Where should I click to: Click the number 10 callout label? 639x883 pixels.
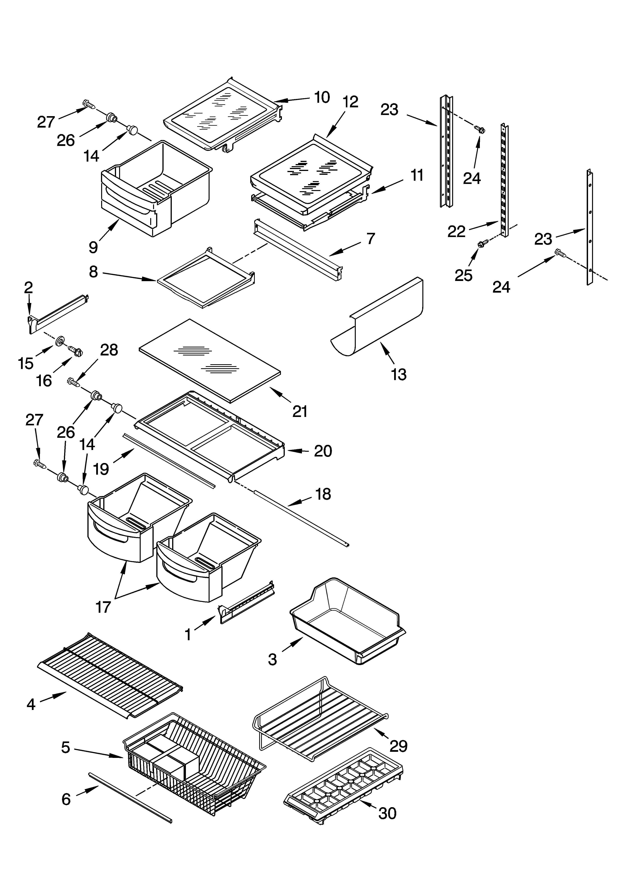pyautogui.click(x=322, y=97)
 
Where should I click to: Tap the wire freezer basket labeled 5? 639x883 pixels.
pyautogui.click(x=194, y=763)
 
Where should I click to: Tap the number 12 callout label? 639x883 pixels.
pyautogui.click(x=350, y=102)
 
